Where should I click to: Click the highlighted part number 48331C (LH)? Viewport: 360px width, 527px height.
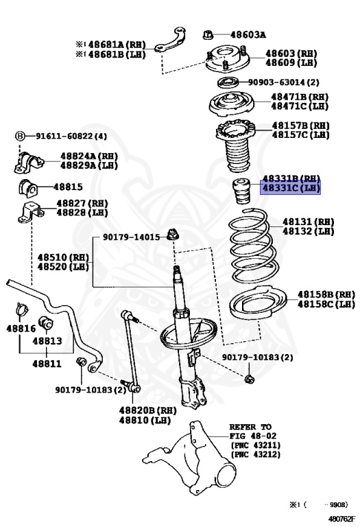point(291,187)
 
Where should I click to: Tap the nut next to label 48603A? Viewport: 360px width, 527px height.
point(208,34)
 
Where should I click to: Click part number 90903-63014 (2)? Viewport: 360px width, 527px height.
point(284,82)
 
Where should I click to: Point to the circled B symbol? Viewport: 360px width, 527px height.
point(20,136)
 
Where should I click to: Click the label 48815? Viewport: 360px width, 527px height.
point(68,187)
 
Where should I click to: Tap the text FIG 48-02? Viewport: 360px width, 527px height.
point(253,436)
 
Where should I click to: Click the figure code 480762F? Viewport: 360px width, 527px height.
point(341,519)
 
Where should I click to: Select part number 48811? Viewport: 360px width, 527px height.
point(47,363)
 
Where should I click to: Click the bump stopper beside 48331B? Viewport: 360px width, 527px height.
point(241,191)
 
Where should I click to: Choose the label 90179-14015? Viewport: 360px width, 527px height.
point(131,237)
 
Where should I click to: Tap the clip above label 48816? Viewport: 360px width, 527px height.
point(22,309)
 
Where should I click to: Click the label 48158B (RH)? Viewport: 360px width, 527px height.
point(326,294)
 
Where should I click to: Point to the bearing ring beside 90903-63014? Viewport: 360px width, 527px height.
point(228,82)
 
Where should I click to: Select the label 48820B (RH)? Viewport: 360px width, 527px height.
point(147,410)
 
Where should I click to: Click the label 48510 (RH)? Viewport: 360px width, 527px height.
point(63,257)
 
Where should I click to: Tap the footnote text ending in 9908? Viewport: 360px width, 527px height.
point(319,504)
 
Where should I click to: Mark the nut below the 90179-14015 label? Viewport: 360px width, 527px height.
point(173,234)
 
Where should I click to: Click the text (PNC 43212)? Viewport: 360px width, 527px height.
point(256,454)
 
